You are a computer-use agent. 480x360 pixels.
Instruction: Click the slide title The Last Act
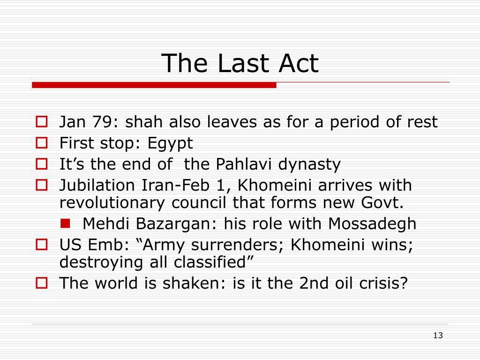[x=240, y=63]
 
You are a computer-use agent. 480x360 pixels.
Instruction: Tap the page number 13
[x=438, y=336]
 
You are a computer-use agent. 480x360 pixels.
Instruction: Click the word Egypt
[x=170, y=143]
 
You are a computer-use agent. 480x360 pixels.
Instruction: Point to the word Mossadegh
[x=372, y=224]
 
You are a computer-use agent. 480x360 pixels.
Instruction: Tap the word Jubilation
[x=97, y=185]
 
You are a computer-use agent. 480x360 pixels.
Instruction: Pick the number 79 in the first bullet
[x=103, y=122]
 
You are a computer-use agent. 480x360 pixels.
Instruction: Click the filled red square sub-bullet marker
[x=65, y=224]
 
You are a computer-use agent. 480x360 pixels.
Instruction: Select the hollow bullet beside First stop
[x=42, y=143]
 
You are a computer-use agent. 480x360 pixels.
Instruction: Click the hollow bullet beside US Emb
[x=42, y=245]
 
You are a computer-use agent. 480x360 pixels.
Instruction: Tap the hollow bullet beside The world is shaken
[x=42, y=283]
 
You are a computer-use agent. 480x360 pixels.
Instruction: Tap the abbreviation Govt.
[x=382, y=202]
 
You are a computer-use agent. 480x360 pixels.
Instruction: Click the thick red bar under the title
[x=154, y=85]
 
